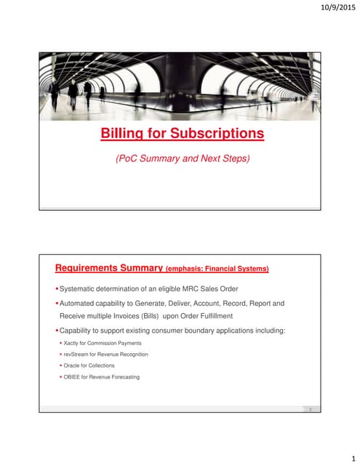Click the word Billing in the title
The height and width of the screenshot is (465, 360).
click(x=121, y=134)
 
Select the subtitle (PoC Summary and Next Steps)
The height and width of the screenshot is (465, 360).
click(x=183, y=158)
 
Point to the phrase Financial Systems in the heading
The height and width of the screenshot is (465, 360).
click(x=240, y=269)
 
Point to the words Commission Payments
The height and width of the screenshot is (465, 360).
click(x=117, y=342)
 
